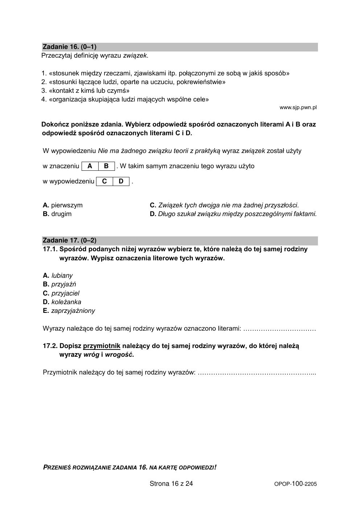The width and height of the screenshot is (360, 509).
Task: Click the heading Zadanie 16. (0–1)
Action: point(69,47)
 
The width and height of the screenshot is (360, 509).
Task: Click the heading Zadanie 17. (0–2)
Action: point(69,240)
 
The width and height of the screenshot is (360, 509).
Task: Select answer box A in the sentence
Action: point(90,166)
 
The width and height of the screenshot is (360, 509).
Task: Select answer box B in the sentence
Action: point(106,166)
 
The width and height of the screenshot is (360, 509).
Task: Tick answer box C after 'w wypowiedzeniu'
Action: point(104,181)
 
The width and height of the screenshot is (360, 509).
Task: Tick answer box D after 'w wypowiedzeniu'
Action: point(121,181)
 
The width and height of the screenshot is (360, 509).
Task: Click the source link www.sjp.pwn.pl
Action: point(298,107)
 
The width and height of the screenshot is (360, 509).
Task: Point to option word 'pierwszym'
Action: point(67,205)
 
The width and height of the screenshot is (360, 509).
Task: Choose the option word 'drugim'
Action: point(61,214)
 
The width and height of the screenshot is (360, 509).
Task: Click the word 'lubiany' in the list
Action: point(62,276)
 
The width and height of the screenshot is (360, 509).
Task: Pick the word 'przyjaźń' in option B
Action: point(64,284)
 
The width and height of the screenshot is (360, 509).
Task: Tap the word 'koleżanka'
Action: point(66,302)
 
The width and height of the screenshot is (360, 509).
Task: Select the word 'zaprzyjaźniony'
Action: point(73,311)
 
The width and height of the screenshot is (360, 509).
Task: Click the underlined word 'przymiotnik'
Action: point(102,346)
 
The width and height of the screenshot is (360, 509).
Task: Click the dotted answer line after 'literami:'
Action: point(280,329)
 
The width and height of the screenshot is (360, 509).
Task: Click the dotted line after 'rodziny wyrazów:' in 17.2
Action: point(257,373)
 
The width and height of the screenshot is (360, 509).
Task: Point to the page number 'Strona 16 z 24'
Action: point(171,484)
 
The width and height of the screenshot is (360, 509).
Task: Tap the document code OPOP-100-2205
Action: point(295,484)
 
